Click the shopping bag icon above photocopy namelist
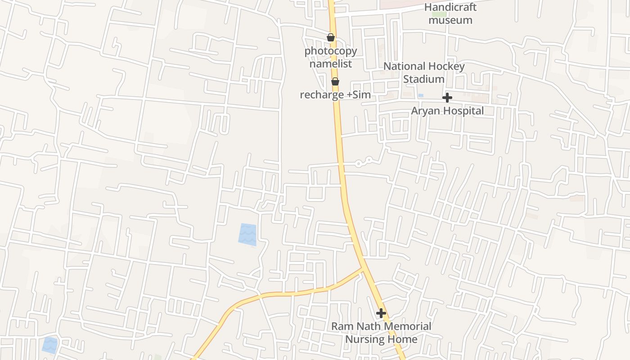tap(331, 37)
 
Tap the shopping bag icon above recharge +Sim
tap(335, 81)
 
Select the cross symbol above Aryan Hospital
tap(447, 98)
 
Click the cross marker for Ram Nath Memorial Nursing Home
tap(381, 313)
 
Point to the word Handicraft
tap(450, 8)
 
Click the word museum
tap(450, 20)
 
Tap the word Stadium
tap(423, 79)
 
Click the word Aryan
tap(425, 111)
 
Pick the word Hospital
tap(463, 111)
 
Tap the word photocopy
tap(331, 51)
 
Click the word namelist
tap(331, 64)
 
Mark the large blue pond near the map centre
tap(247, 234)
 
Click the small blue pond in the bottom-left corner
tap(50, 345)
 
